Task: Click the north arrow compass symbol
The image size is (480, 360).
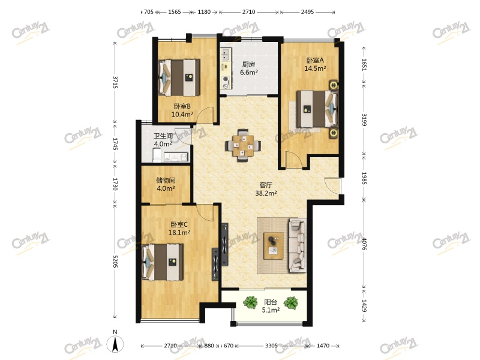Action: (115, 343)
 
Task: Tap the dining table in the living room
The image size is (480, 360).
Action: (243, 145)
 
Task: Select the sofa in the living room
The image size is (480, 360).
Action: (298, 245)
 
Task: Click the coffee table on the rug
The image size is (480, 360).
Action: (274, 246)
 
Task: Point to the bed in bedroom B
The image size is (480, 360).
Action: (179, 78)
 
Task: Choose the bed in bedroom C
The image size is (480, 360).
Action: (163, 262)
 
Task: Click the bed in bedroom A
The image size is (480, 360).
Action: (317, 109)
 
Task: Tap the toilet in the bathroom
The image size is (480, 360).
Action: (157, 155)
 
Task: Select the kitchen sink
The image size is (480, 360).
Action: (226, 55)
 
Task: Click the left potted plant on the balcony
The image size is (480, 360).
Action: (251, 302)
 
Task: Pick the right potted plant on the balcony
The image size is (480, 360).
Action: (291, 303)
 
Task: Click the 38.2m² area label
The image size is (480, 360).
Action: (266, 193)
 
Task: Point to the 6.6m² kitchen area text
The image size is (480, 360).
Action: (248, 73)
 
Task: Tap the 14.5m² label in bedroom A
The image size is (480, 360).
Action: (315, 68)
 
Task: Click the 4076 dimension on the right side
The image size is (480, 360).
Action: (364, 244)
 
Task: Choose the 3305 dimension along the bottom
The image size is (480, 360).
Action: (271, 346)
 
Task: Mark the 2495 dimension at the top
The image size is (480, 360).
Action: (307, 12)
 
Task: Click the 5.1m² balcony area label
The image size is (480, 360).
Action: (271, 310)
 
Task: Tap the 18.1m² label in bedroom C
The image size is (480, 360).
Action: (179, 233)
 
